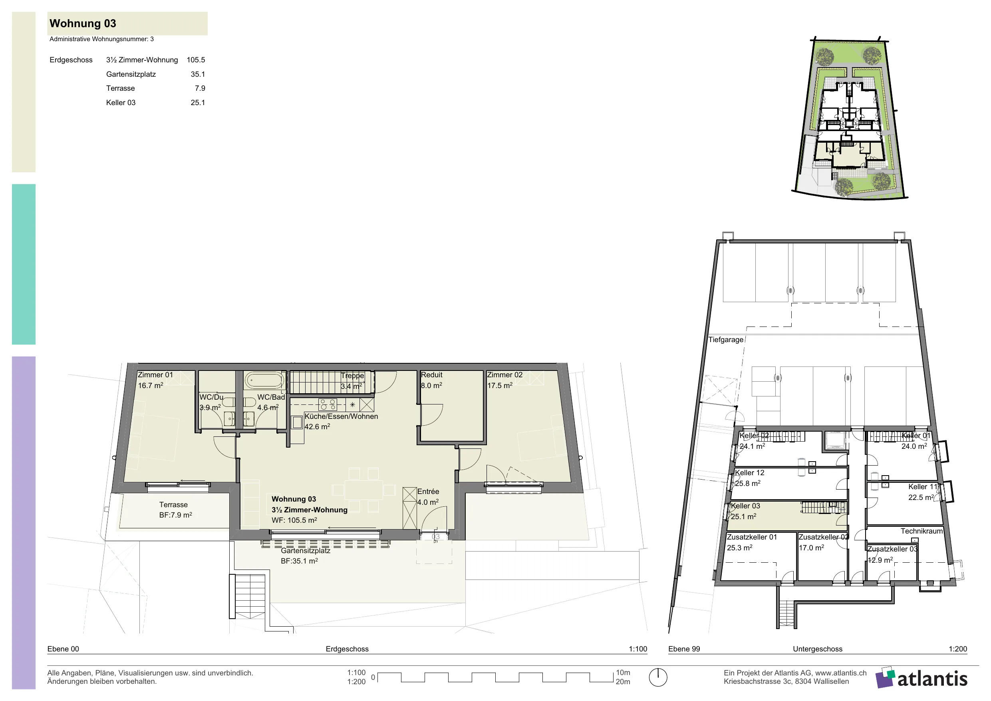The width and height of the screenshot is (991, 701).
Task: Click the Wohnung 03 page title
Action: pos(83,23)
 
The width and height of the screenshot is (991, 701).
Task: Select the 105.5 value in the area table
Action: pos(196,60)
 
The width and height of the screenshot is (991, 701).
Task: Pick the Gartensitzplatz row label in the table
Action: pos(131,74)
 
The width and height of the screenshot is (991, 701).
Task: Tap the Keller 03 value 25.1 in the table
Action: pos(198,103)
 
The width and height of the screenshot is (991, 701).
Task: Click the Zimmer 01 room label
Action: pos(155,375)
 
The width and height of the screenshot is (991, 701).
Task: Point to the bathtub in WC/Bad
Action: pos(264,380)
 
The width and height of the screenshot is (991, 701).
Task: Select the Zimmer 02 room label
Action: pos(504,375)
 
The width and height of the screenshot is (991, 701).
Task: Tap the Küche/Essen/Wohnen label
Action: pos(341,416)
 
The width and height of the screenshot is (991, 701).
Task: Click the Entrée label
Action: pos(428,492)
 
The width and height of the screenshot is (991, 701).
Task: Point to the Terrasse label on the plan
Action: pos(173,505)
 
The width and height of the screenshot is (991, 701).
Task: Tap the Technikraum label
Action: pos(921,531)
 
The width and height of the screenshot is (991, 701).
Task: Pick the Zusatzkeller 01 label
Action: pos(752,537)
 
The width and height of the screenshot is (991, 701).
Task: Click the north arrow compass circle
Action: pos(658,677)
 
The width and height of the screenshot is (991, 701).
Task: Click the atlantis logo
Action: pos(921,678)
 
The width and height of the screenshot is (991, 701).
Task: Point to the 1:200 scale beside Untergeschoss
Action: pos(958,649)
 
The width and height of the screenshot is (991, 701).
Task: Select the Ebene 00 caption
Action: pos(63,649)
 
